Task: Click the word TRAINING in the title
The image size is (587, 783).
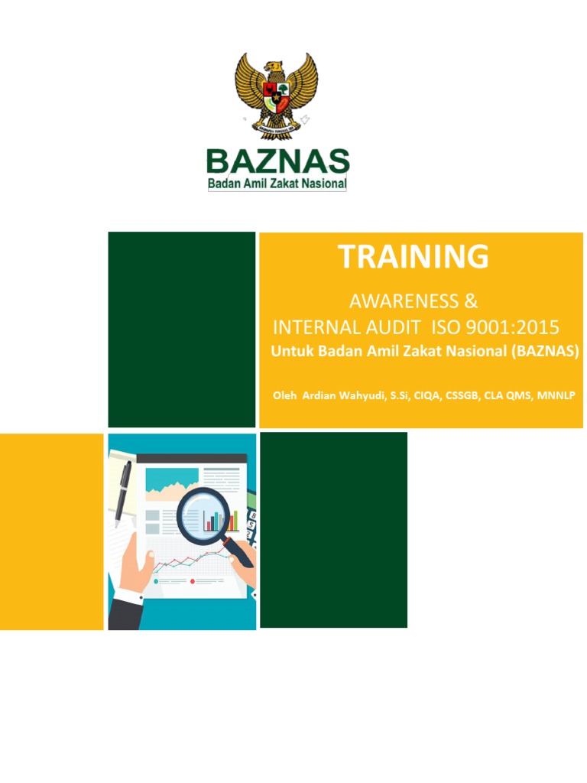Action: coord(413,257)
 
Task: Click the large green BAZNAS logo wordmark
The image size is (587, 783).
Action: coord(278,161)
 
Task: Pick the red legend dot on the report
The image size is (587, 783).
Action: coord(192,581)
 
